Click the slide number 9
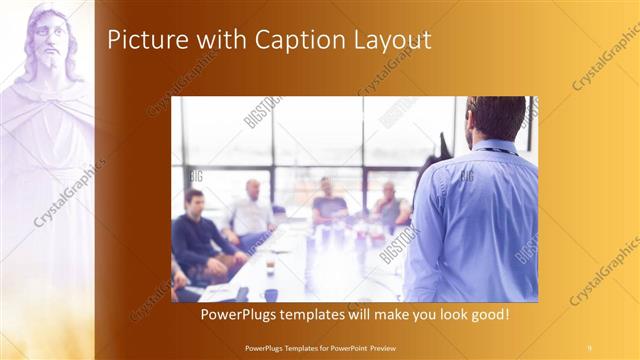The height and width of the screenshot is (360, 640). click(589, 347)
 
